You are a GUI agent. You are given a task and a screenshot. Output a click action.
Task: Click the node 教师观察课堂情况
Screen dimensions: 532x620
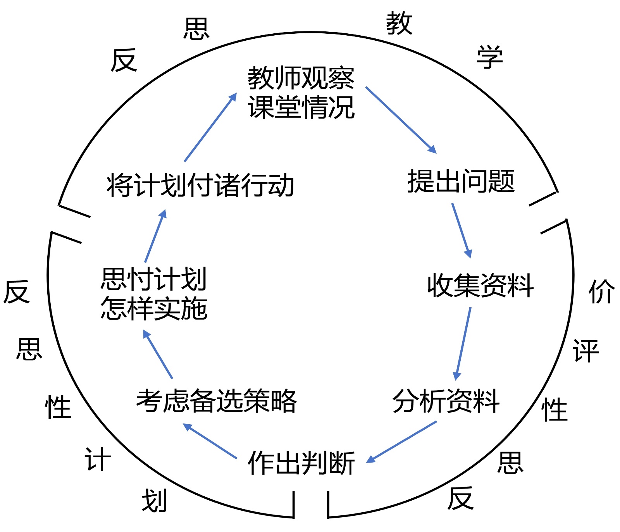click(x=301, y=92)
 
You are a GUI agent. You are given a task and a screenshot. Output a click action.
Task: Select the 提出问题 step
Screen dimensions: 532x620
click(x=461, y=181)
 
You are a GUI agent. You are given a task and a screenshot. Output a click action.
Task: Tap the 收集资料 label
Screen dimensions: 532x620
click(x=480, y=286)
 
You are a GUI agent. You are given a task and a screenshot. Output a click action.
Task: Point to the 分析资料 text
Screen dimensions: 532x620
click(x=446, y=401)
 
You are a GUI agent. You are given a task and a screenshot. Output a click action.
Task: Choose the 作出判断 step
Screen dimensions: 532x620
click(x=301, y=463)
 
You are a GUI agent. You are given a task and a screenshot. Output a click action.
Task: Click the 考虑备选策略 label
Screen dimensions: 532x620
click(x=216, y=401)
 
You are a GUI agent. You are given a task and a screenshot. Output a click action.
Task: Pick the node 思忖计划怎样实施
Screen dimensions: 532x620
click(x=154, y=294)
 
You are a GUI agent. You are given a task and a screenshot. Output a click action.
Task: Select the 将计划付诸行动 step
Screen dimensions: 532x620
click(x=200, y=185)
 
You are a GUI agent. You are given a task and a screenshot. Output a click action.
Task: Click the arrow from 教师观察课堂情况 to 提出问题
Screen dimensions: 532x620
click(x=401, y=120)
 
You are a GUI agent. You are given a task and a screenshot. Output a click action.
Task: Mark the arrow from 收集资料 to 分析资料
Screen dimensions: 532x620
click(x=464, y=343)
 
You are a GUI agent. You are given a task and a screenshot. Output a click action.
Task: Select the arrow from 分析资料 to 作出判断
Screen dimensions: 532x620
click(x=401, y=442)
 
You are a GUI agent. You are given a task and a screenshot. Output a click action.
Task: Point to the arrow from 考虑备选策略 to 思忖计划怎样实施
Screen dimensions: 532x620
click(x=158, y=354)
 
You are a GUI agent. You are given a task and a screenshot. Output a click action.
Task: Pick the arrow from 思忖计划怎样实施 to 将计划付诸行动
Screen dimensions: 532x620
click(x=155, y=236)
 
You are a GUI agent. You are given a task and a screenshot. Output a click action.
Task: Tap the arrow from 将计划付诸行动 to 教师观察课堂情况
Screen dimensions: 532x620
click(x=210, y=127)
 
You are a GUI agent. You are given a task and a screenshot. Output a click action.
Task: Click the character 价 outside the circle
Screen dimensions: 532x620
click(x=601, y=291)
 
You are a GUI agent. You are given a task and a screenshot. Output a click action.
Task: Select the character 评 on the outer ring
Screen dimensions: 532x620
click(x=586, y=351)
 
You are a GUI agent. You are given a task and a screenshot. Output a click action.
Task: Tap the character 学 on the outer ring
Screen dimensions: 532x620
click(x=490, y=57)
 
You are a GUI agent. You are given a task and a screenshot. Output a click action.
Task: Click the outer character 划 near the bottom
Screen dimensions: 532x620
click(x=154, y=500)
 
